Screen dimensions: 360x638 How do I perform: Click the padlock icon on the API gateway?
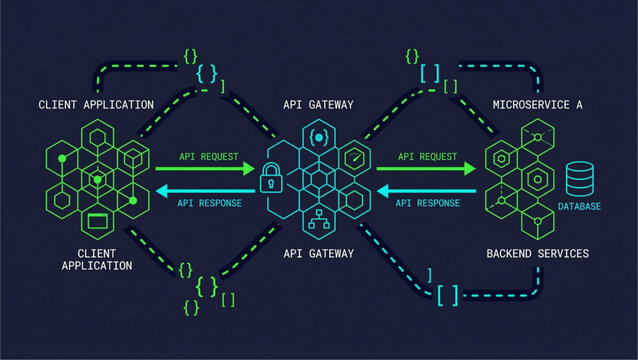[269, 181]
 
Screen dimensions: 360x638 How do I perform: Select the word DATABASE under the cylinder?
[580, 207]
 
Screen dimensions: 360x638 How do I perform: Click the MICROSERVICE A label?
[537, 105]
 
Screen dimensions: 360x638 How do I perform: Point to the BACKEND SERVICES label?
[537, 253]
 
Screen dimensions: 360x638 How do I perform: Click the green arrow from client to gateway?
[205, 169]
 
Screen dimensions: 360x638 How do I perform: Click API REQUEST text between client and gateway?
[208, 157]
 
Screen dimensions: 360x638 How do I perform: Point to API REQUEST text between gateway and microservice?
[427, 157]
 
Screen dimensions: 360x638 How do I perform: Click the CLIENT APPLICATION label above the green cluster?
[96, 105]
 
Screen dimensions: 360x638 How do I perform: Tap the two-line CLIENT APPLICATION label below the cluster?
[96, 259]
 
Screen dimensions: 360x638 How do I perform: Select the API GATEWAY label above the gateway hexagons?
[318, 105]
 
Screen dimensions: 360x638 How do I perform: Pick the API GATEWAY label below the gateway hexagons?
[318, 253]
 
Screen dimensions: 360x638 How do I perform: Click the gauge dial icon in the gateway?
[353, 159]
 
